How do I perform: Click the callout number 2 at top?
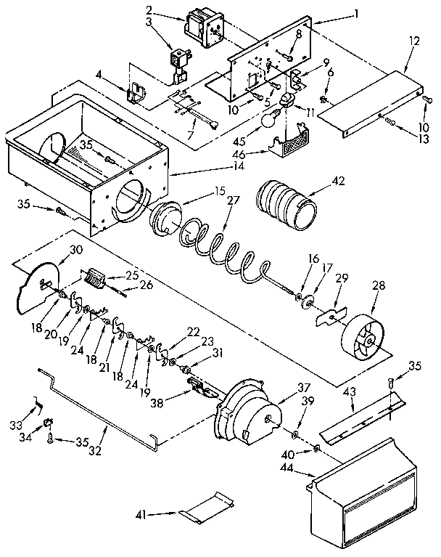pos(149,10)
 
